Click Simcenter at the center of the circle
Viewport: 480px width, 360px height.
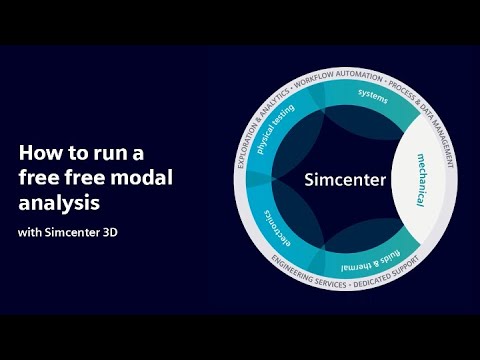click(345, 180)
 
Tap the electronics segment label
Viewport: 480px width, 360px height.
click(278, 229)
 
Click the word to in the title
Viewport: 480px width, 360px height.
click(77, 154)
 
